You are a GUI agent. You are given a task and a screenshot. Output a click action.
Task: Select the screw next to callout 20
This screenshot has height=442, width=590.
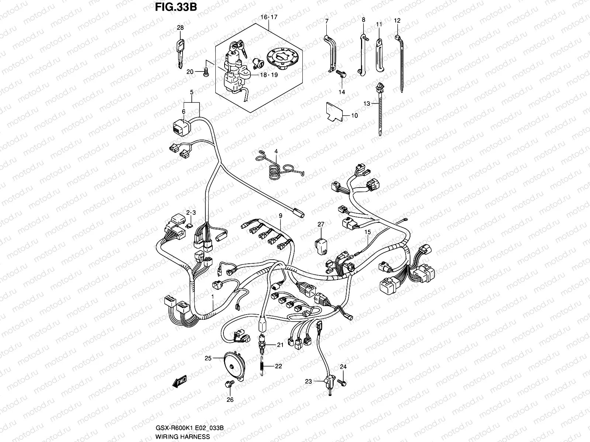[x=206, y=72]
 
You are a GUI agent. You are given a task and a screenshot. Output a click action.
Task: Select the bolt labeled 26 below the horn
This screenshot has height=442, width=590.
[x=228, y=385]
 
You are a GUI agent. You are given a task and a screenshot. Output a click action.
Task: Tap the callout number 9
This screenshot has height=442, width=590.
[x=280, y=216]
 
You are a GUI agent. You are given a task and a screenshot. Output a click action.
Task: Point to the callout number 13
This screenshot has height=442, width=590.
[x=366, y=104]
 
